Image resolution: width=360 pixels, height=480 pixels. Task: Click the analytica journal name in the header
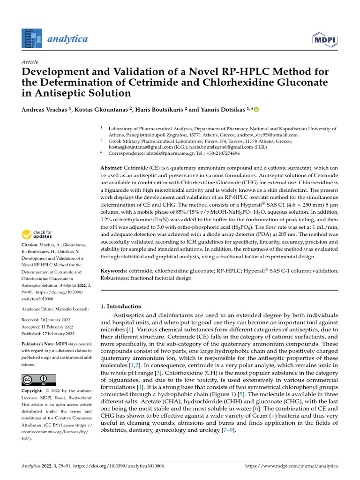(x=67, y=38)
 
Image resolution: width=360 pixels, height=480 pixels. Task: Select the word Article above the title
(x=30, y=62)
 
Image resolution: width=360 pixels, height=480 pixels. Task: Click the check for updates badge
(x=37, y=234)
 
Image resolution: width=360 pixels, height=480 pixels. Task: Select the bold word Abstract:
(x=112, y=168)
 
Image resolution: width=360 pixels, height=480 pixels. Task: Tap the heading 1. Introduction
(x=121, y=306)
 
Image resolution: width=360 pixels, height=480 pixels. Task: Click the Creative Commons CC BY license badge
(x=38, y=379)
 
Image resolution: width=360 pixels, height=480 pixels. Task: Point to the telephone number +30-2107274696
(x=218, y=153)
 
